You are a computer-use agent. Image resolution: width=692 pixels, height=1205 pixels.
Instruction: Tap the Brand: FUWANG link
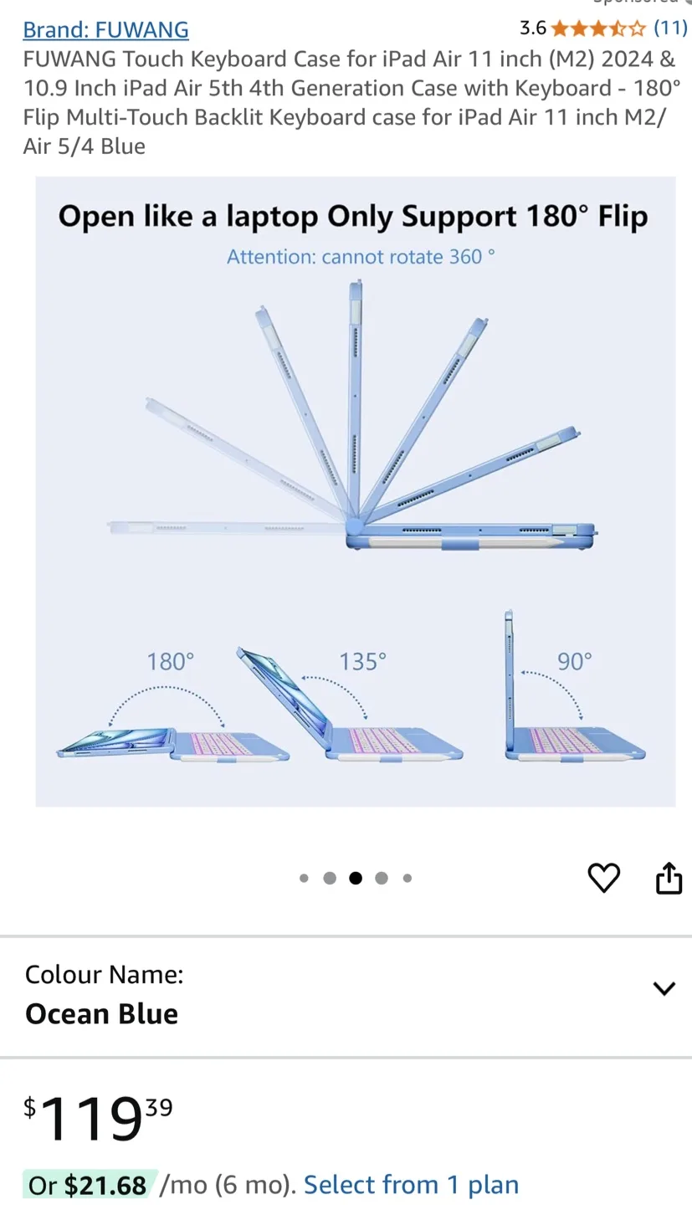point(105,29)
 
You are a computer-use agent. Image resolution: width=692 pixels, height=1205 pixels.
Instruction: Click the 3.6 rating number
point(533,28)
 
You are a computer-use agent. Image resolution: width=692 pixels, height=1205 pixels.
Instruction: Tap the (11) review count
point(670,28)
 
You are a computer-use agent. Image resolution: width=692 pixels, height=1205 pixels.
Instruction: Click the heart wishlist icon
point(604,877)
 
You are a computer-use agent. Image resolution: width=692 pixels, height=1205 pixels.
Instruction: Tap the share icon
point(669,878)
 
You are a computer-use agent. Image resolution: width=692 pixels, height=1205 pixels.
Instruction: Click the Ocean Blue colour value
point(101,1014)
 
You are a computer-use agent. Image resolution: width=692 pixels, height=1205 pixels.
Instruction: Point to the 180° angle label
point(170,662)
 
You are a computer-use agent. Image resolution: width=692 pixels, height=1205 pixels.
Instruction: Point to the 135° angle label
point(362,662)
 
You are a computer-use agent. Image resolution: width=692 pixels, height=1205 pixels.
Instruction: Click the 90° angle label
point(575,662)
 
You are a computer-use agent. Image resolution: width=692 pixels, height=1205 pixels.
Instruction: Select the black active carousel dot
point(356,878)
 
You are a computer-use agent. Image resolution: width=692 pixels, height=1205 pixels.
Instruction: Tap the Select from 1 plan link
point(411,1185)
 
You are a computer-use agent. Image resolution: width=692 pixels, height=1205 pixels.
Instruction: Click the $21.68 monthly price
point(105,1186)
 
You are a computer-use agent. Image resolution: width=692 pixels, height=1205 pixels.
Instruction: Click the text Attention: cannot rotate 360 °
point(361,257)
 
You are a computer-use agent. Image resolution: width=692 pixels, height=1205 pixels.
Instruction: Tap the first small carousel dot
point(304,878)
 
